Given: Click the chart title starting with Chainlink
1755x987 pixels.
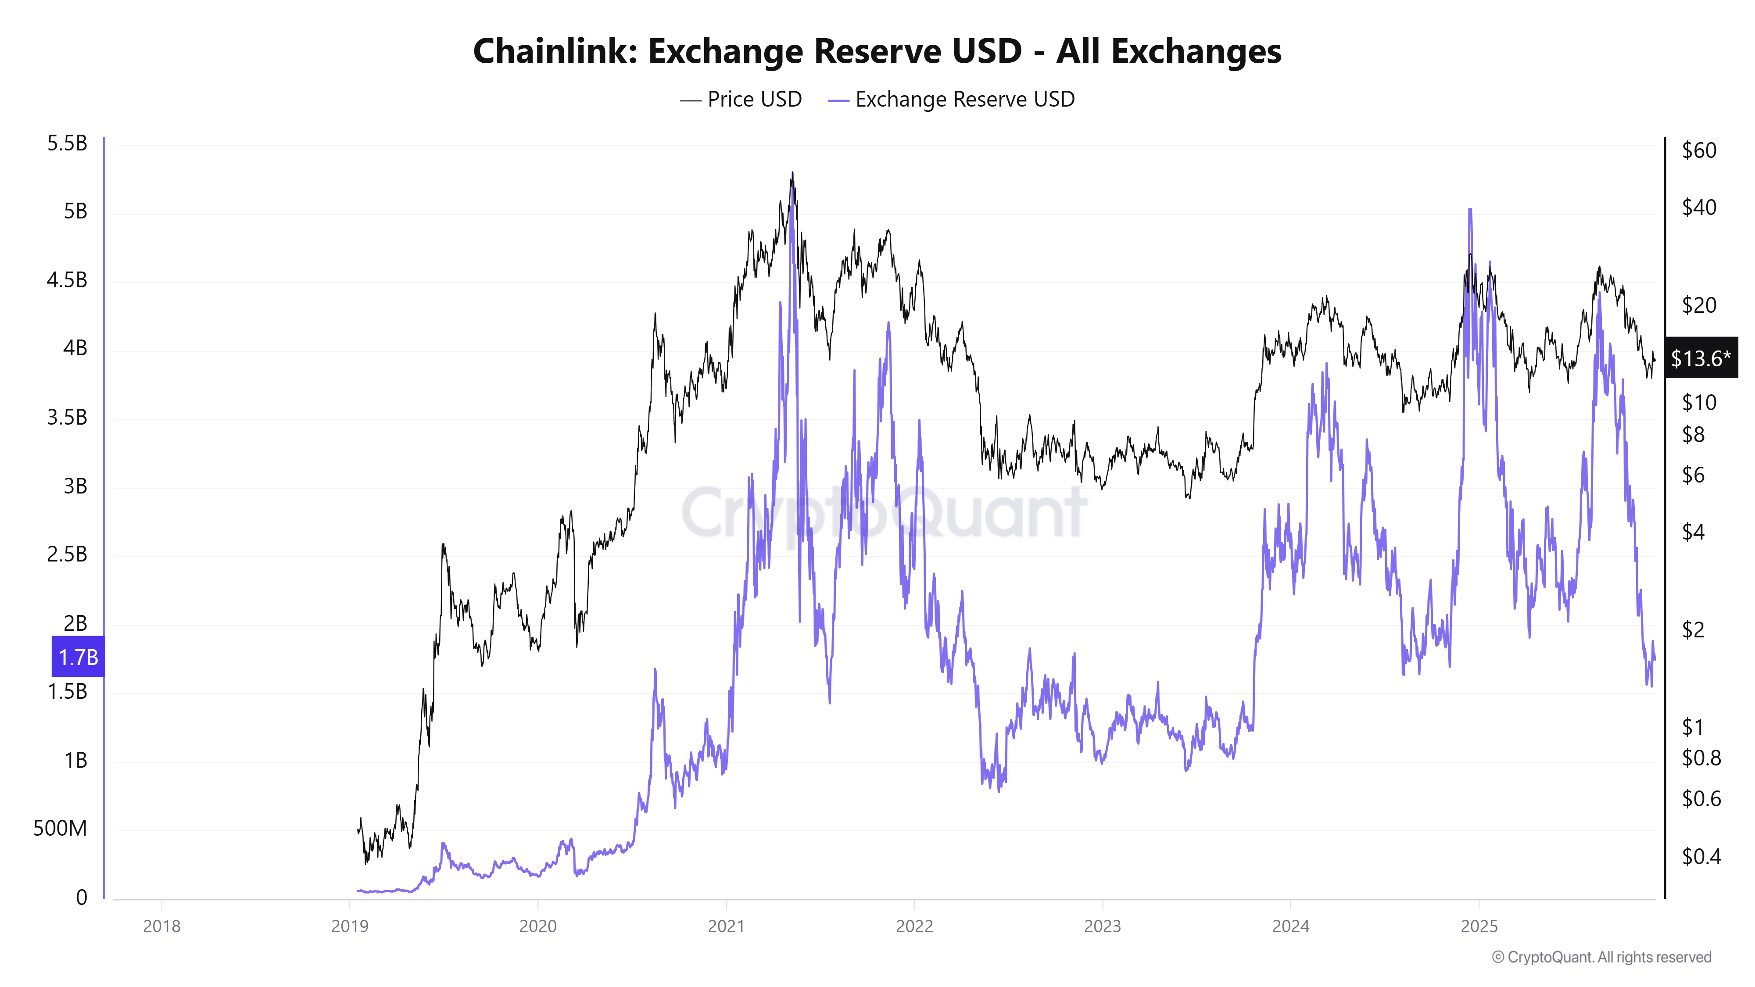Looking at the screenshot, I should point(877,51).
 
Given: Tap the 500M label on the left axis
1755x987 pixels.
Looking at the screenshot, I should point(60,828).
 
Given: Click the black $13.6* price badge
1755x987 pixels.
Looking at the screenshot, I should point(1701,358).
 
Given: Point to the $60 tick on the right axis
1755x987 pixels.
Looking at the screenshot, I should point(1699,150).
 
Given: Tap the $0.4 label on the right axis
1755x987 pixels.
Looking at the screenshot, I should point(1701,856).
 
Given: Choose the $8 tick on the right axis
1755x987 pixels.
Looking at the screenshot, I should point(1693,435).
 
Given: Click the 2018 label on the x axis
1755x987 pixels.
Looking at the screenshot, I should point(161,926).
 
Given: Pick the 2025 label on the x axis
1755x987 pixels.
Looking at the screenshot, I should point(1479,926).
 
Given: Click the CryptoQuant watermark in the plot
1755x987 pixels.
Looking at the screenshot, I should point(884,512).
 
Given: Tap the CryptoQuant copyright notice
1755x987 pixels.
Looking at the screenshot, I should point(1601,957).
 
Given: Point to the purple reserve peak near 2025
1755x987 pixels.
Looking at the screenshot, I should point(1469,210).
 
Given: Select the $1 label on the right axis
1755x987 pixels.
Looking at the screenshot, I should point(1693,727).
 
